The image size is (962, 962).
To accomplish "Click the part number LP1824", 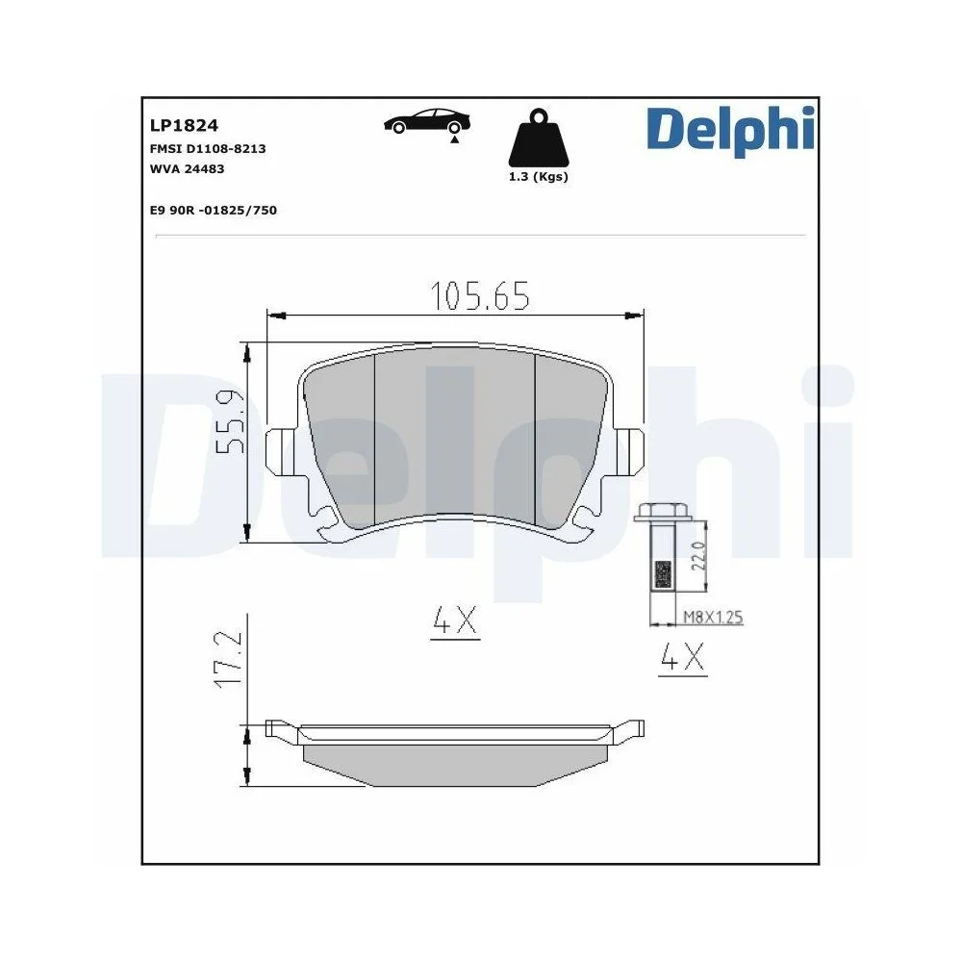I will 184,125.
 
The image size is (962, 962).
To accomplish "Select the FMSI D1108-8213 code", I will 208,149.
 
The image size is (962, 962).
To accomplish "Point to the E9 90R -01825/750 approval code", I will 213,210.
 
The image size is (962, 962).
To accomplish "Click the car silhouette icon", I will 428,122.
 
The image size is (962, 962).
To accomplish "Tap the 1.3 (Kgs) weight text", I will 538,177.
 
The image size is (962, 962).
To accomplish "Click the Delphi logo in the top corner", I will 729,132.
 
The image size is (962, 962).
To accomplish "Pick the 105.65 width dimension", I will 479,297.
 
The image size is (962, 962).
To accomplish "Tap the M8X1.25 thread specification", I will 712,618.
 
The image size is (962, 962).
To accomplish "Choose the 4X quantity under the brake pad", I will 454,622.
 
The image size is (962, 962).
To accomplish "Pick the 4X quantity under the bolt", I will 682,659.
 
